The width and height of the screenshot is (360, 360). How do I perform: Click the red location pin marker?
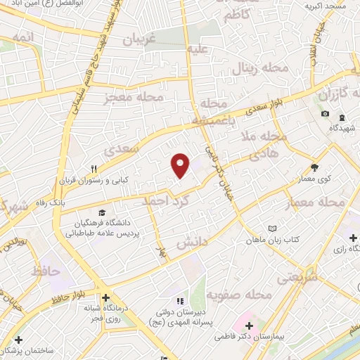pyautogui.click(x=181, y=165)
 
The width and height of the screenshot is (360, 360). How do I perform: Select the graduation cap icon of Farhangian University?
pyautogui.click(x=103, y=212)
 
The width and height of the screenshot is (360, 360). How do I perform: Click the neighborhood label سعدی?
pyautogui.click(x=118, y=150)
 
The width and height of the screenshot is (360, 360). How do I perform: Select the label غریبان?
pyautogui.click(x=138, y=41)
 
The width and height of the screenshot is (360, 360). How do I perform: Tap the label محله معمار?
pyautogui.click(x=316, y=202)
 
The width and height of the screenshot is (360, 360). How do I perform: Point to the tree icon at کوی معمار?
pyautogui.click(x=314, y=167)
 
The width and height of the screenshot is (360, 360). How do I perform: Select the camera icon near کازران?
pyautogui.click(x=325, y=114)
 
